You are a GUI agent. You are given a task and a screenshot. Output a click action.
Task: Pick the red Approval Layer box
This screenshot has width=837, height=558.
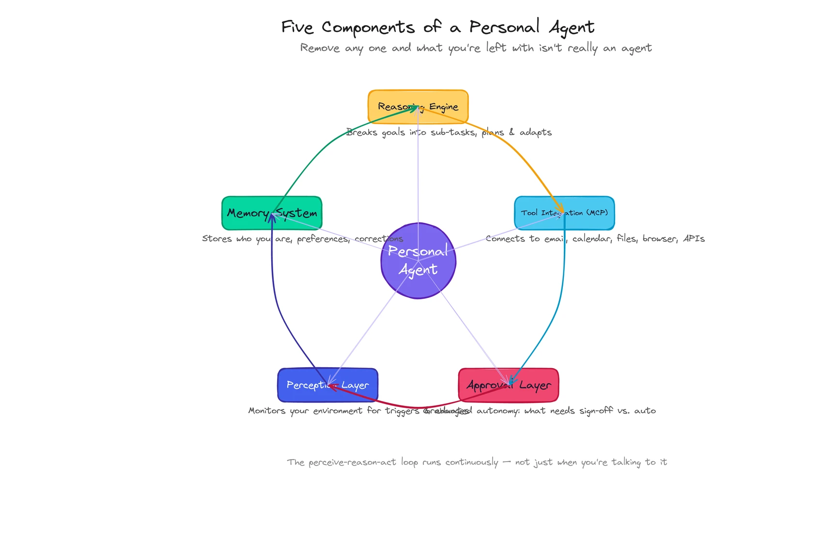coord(538,393)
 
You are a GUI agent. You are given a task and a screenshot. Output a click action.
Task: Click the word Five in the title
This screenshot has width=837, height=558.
coord(297,27)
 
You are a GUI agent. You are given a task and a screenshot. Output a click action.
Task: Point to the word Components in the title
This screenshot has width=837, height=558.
coord(368,28)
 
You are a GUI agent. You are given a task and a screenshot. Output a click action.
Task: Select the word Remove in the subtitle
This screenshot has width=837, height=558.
coord(320,48)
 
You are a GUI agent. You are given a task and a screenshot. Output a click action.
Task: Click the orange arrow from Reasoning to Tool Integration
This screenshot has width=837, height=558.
coord(513,145)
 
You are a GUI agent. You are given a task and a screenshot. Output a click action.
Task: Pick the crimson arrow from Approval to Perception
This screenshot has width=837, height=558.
coord(417,407)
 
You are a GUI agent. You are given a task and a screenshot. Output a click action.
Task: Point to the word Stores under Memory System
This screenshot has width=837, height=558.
coord(217,239)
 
